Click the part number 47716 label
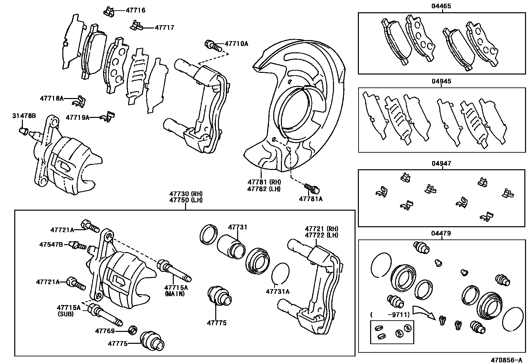[135, 10]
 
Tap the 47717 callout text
[164, 28]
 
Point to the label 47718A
[52, 98]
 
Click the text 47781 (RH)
[264, 182]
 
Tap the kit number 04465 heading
[441, 6]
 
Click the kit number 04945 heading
[441, 81]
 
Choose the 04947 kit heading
[441, 164]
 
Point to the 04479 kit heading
[441, 233]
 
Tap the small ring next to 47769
[132, 330]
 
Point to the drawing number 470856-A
[507, 360]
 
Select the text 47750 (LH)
[186, 200]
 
